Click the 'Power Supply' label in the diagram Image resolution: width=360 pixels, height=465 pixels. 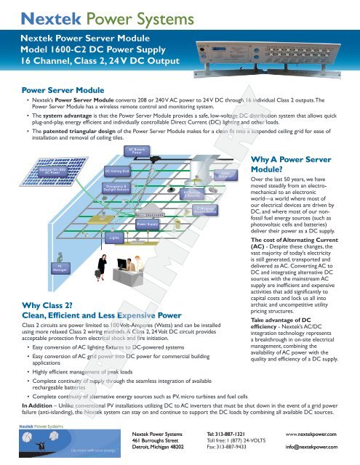(148, 204)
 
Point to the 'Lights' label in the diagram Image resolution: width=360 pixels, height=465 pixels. (113, 217)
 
